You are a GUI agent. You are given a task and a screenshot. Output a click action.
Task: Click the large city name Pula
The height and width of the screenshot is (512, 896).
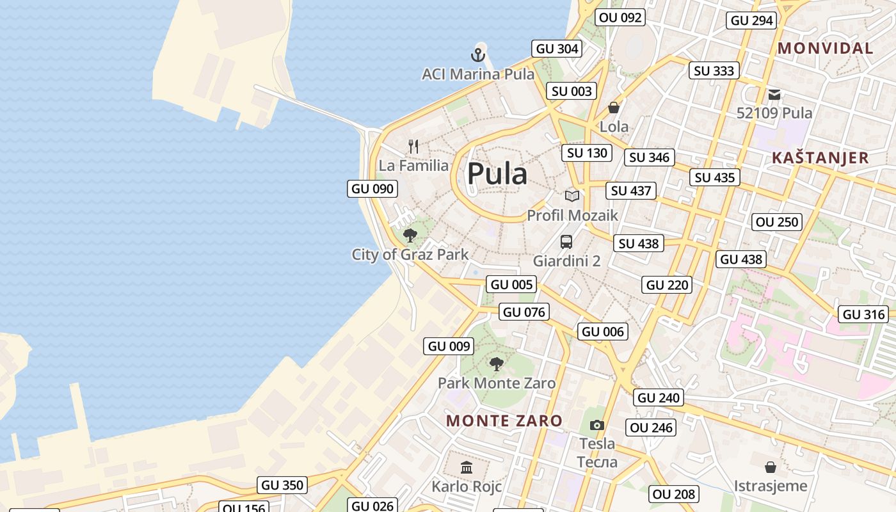point(497,173)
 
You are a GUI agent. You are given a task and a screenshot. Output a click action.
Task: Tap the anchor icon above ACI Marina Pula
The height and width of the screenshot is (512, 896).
point(478,54)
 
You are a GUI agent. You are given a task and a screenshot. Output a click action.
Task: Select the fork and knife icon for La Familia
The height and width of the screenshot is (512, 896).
point(413,147)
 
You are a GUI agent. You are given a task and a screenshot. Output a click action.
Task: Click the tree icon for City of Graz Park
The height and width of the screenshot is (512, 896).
point(410,236)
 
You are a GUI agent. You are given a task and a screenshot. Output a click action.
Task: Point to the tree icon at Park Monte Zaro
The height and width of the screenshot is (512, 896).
point(496,364)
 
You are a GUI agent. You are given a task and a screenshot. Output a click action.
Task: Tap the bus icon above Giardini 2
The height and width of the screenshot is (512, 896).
point(566,242)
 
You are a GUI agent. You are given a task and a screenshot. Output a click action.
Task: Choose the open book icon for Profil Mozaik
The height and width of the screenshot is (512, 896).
point(572,196)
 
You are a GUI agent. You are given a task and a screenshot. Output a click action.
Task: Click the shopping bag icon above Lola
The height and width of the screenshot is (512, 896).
point(614,108)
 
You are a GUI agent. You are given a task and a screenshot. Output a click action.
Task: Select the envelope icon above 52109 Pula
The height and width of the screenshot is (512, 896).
point(774,95)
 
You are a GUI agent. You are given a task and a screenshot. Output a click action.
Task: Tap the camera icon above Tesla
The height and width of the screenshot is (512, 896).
point(596,425)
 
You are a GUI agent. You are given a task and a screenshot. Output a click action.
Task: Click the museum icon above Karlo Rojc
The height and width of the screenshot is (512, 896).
point(467,468)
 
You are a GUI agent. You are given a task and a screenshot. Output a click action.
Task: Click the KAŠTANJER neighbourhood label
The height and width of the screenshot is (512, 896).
point(820,157)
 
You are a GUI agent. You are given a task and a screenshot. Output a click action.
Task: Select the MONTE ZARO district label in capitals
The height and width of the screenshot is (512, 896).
point(504,420)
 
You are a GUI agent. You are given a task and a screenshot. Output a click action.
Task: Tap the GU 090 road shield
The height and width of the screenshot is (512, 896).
point(373,189)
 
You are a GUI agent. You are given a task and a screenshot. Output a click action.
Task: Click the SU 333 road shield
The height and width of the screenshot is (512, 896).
point(714,70)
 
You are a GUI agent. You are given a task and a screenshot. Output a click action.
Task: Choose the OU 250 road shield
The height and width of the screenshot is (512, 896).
point(778,222)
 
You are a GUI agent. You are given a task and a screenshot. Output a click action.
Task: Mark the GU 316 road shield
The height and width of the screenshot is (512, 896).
point(864,314)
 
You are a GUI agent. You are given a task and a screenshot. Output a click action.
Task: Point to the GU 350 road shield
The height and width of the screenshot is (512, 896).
point(282,485)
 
